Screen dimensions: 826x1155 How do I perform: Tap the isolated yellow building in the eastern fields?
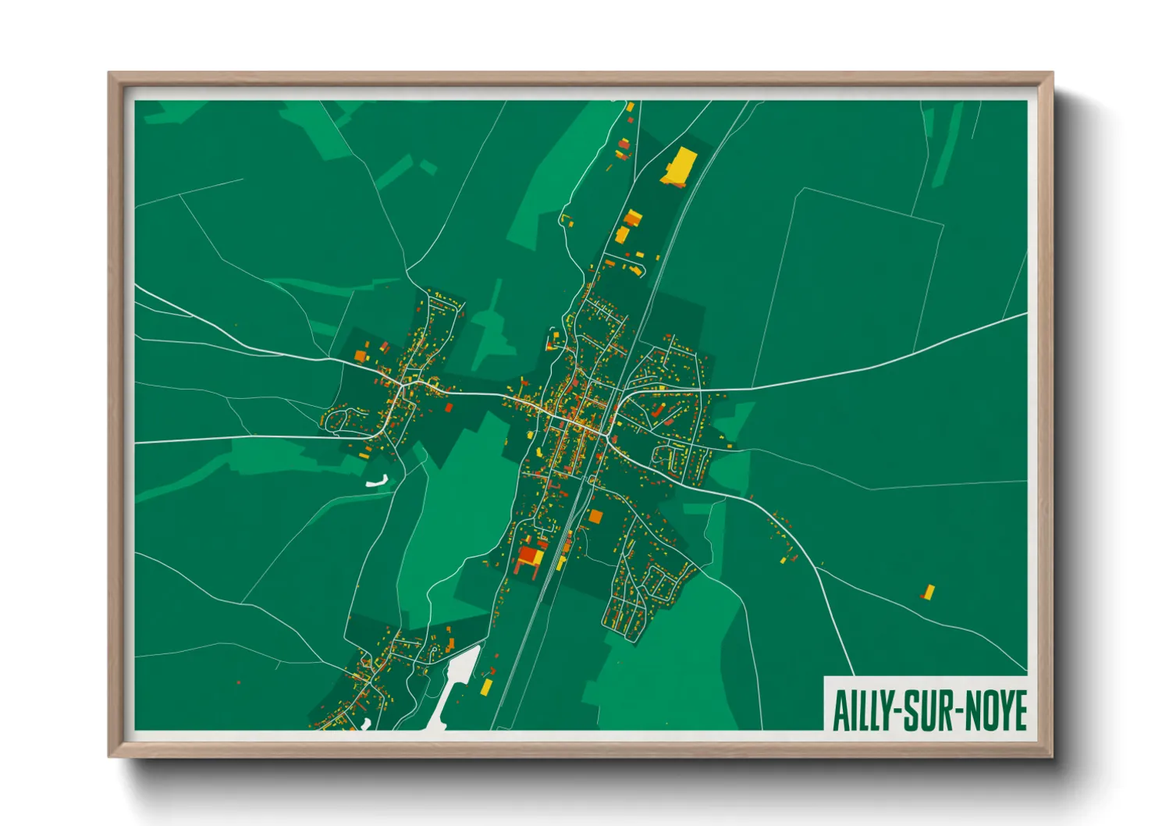(929, 592)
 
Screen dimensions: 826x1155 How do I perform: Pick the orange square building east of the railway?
(595, 516)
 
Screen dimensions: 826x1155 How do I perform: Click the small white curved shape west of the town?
(378, 482)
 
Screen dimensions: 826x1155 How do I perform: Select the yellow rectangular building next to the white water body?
(487, 686)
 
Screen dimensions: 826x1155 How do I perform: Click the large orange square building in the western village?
(361, 356)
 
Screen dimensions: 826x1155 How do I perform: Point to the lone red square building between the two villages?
(449, 407)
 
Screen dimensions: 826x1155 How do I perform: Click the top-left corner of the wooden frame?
(109, 73)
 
